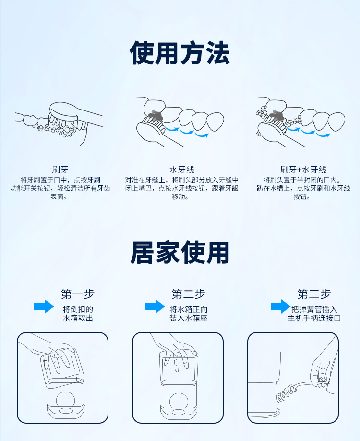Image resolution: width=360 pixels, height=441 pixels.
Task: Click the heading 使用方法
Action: pos(180,53)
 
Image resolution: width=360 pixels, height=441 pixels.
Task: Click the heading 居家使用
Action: pos(180,252)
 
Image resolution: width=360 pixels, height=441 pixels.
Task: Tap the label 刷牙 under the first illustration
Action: pos(60,170)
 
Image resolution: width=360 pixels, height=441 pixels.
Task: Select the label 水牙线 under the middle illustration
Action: pos(181,170)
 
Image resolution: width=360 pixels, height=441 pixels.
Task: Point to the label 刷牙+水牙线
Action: pos(303,170)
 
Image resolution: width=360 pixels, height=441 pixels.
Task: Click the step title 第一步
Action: pos(78,294)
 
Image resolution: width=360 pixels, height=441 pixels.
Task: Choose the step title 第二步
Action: pos(188,294)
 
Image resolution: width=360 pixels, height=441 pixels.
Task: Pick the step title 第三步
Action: pos(314,294)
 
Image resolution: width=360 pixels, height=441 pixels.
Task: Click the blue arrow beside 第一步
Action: pos(44,306)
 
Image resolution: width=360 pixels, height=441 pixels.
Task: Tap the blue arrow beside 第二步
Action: pos(155,306)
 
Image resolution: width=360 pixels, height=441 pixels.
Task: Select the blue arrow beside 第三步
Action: pos(280,306)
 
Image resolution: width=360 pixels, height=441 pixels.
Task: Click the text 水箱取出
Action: pos(78,318)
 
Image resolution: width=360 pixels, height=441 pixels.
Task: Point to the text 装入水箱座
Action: pos(188,318)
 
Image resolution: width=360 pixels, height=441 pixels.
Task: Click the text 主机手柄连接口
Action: pos(314,318)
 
